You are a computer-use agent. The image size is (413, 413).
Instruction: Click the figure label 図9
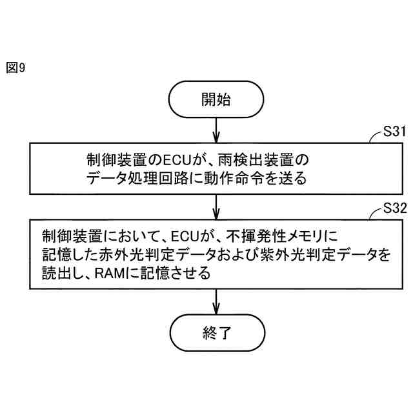15,67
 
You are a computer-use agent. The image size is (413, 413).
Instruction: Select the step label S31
394,132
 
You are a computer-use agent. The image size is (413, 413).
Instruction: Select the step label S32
394,208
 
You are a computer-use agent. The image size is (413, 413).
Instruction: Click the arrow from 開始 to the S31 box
216,130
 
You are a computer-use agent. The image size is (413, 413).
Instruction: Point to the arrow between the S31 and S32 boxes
216,206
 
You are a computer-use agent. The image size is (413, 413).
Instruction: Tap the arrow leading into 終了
216,303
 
